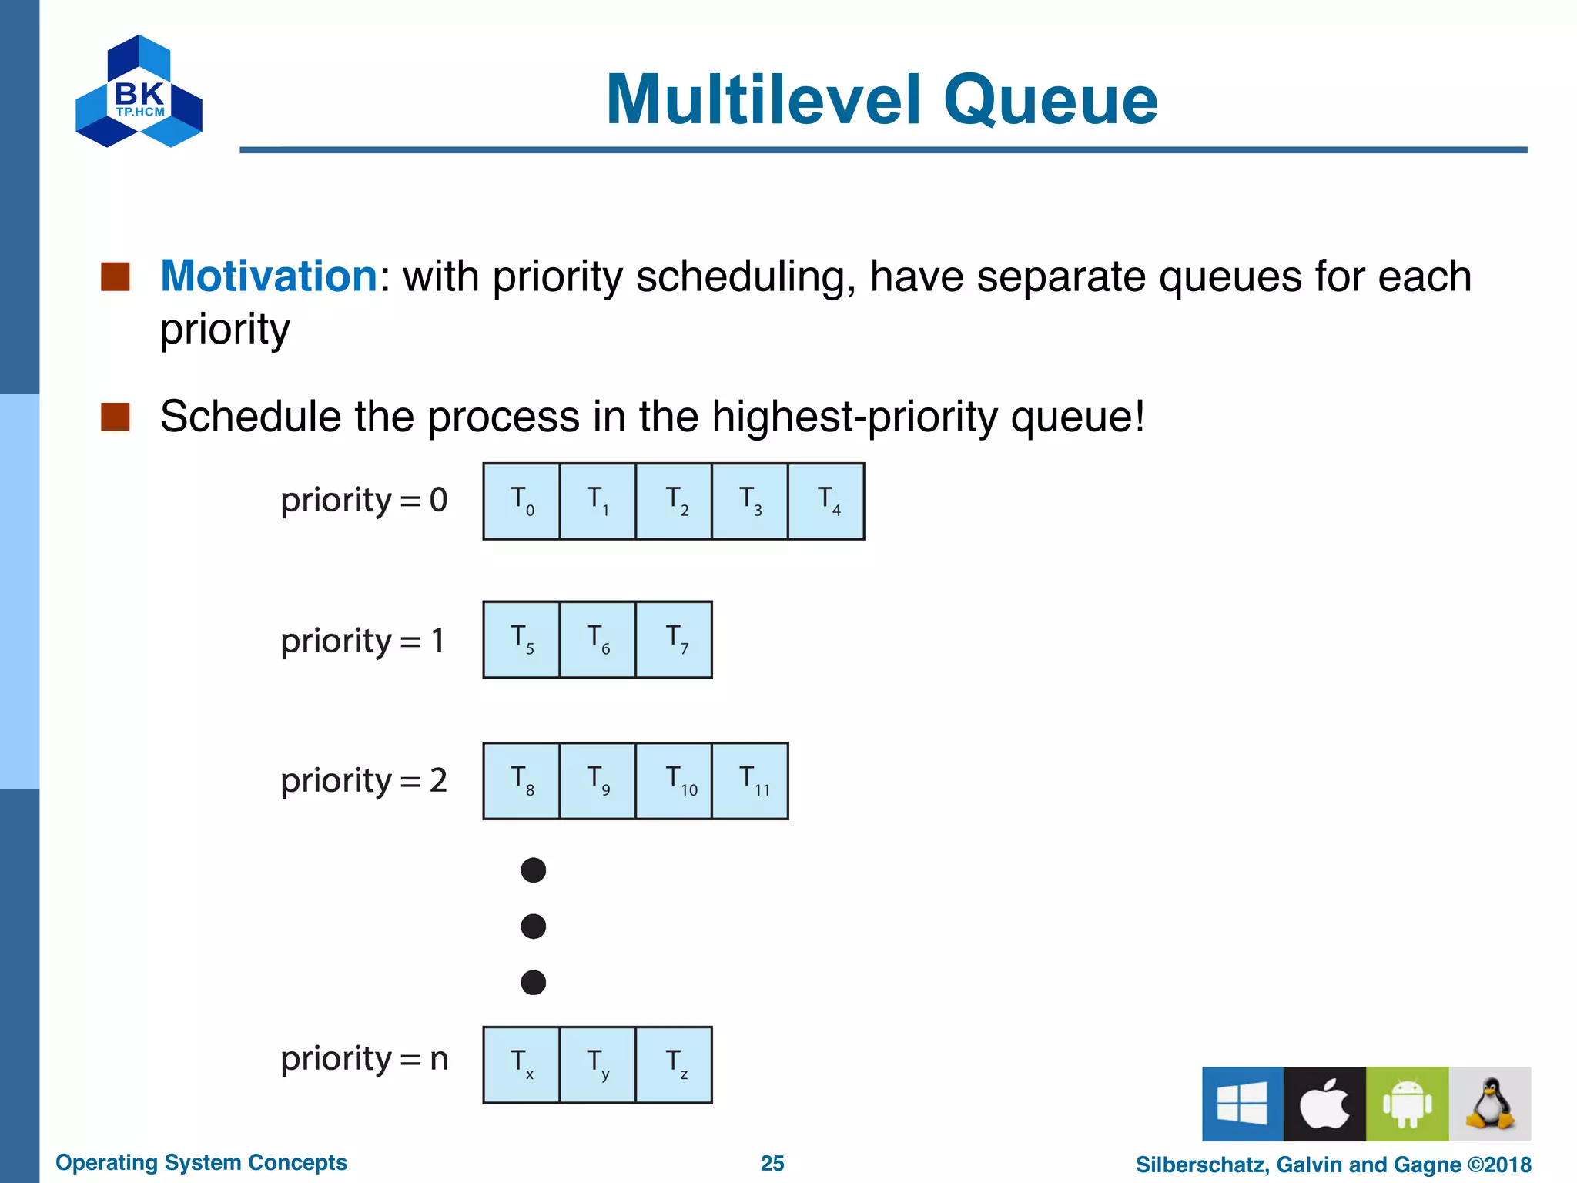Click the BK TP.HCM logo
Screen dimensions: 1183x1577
pos(139,92)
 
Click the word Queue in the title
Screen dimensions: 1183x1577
pos(1050,100)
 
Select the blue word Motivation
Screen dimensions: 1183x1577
pos(269,276)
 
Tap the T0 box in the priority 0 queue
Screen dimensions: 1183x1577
pos(521,501)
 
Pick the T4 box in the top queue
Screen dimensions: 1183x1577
pos(826,501)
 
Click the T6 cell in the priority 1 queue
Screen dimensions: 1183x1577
pos(598,640)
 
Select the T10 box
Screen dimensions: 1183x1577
pos(674,781)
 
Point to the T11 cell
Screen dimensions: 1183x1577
pos(751,781)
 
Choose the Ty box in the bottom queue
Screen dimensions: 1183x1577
pos(598,1065)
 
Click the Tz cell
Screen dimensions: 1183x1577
pos(674,1065)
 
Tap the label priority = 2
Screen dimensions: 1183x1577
pos(363,781)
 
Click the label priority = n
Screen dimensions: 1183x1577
pos(363,1059)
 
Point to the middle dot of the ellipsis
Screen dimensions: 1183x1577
pos(533,926)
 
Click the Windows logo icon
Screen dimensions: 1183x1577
pos(1242,1104)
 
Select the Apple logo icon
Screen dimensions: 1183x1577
pos(1324,1104)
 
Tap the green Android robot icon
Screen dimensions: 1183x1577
pos(1407,1104)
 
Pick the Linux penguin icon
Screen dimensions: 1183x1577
pos(1489,1104)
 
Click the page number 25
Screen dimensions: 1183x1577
pos(772,1163)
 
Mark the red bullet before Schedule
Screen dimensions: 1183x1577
pos(116,417)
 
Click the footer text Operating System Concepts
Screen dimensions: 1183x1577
pos(201,1162)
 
